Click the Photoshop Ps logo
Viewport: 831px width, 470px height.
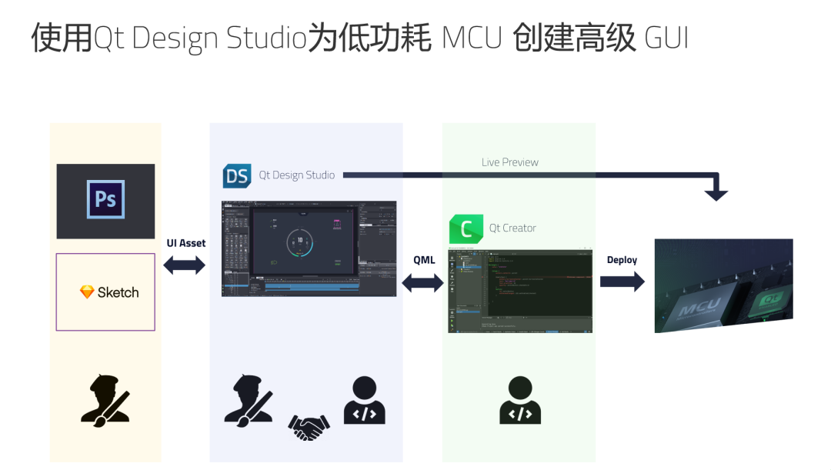[x=105, y=199]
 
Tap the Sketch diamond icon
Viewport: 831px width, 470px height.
[x=87, y=292]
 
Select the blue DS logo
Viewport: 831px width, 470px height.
[x=237, y=175]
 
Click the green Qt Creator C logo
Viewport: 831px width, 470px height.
[x=466, y=228]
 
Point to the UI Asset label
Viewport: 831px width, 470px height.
[x=186, y=243]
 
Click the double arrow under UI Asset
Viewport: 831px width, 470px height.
[x=185, y=265]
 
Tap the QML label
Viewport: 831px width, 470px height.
[x=424, y=260]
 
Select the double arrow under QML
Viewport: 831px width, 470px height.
[x=423, y=282]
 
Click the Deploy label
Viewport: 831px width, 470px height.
[x=622, y=260]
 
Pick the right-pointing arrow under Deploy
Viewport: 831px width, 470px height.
[x=622, y=282]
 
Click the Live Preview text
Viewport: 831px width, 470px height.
[x=509, y=162]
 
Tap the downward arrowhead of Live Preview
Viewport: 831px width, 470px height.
[x=716, y=195]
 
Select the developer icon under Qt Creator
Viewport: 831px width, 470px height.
[x=520, y=400]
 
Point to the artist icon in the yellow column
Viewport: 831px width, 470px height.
[x=105, y=400]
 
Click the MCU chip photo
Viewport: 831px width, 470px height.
[x=723, y=285]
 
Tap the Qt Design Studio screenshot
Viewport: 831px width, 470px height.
[x=309, y=248]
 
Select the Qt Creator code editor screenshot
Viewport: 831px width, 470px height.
[x=520, y=291]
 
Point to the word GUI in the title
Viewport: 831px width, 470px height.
[x=666, y=38]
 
